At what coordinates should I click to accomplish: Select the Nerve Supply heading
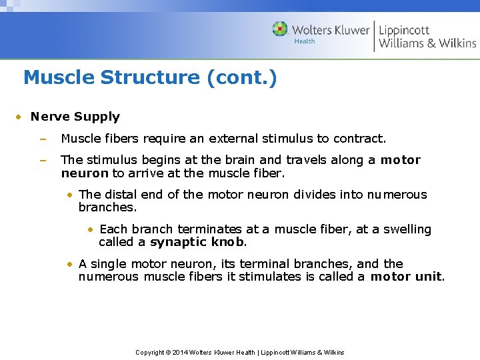75,117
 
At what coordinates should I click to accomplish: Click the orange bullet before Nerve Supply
20,117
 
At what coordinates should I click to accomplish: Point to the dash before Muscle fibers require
42,139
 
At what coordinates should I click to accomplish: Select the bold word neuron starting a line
85,173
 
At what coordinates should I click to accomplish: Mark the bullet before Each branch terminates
90,229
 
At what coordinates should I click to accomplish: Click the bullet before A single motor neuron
70,264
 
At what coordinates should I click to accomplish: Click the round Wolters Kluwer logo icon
280,29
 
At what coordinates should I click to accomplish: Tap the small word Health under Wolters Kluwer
305,41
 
